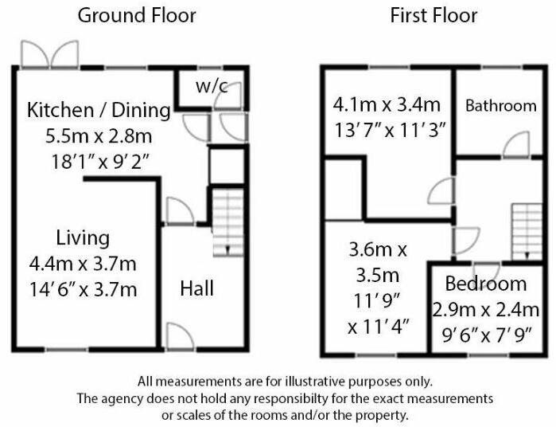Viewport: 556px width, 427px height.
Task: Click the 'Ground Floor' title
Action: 137,15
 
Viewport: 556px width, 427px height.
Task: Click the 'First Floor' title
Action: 434,15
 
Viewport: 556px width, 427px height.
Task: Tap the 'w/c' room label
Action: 212,86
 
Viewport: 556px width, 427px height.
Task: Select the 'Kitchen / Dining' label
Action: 99,110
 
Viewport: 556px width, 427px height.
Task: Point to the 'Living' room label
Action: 83,237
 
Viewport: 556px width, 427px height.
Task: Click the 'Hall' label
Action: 196,288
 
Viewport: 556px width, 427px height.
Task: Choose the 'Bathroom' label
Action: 500,105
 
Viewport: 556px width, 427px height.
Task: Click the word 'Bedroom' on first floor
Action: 485,284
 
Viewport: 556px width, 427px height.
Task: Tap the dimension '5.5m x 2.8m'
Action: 99,136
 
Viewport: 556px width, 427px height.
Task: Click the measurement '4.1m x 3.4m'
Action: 387,104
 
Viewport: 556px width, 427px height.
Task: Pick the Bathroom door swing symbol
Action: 516,144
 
